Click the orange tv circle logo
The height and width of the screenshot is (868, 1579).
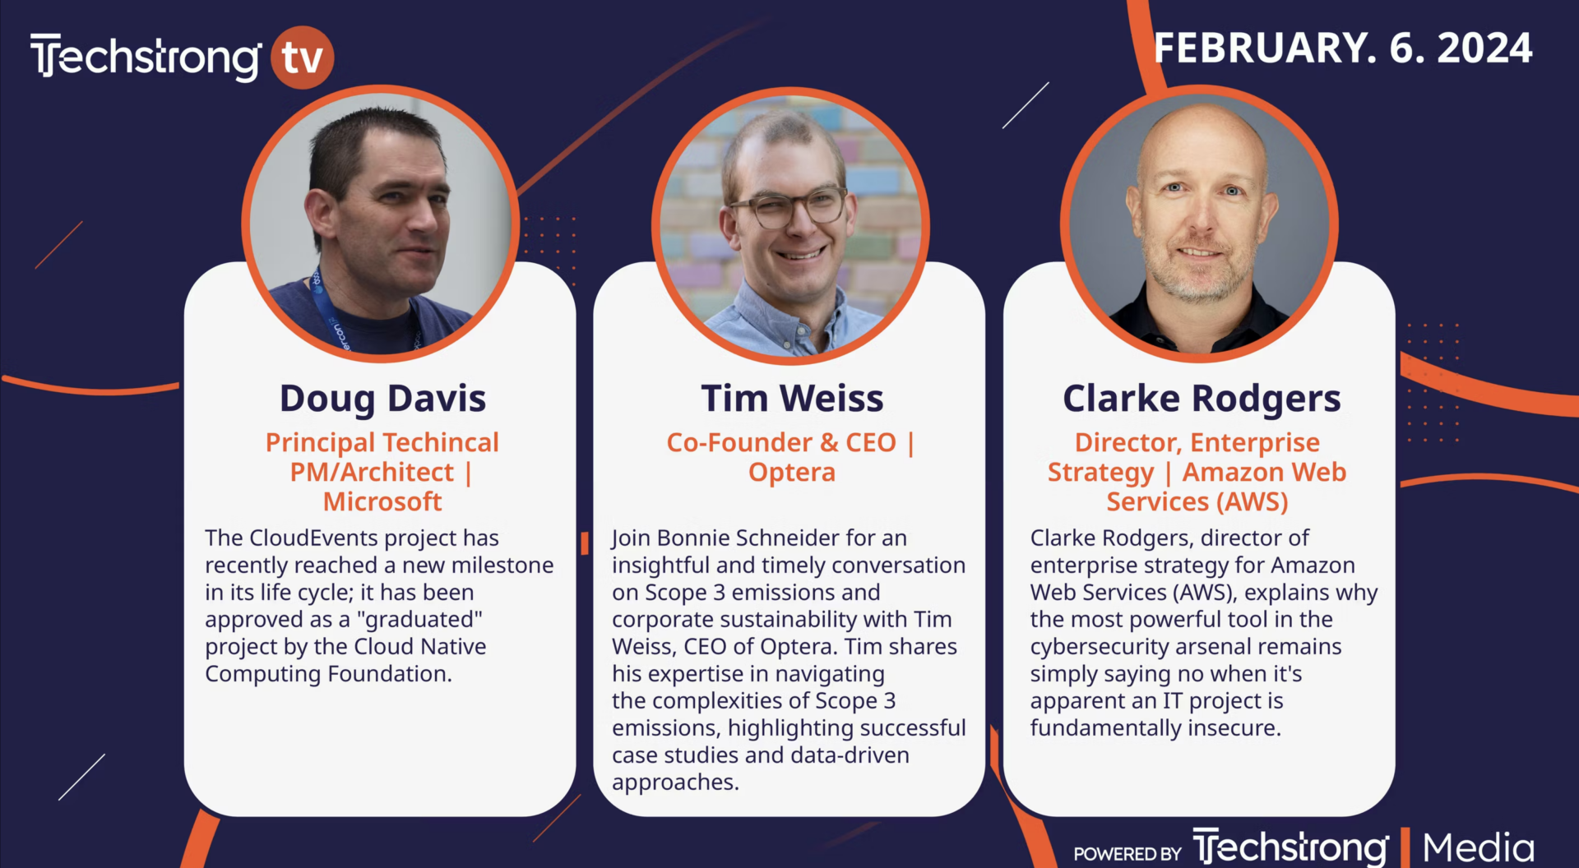click(302, 58)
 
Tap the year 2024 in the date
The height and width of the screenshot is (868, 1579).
click(1484, 48)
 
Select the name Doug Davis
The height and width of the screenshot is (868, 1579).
click(382, 399)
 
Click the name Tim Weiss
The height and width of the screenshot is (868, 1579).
click(792, 399)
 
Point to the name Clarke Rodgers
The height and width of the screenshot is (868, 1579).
click(1202, 399)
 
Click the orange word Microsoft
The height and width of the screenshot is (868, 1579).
click(382, 501)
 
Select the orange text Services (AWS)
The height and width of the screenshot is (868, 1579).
click(1197, 502)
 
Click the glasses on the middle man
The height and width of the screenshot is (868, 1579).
click(788, 206)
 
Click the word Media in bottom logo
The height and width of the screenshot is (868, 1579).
click(1478, 848)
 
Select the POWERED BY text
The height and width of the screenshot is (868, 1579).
click(1128, 854)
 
